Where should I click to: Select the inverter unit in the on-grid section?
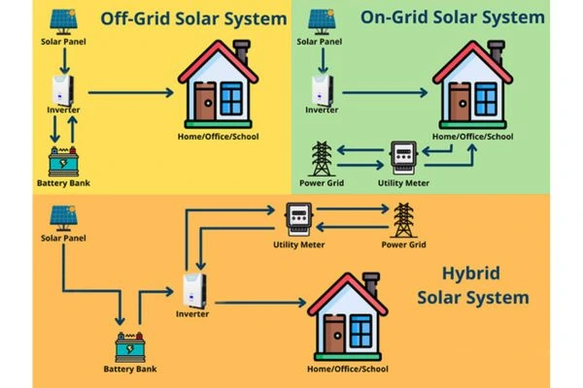click(323, 89)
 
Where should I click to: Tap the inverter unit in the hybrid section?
click(193, 291)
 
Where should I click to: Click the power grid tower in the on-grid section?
click(321, 157)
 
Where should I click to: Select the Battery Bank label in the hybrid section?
click(131, 369)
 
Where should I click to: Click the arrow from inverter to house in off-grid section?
click(131, 93)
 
